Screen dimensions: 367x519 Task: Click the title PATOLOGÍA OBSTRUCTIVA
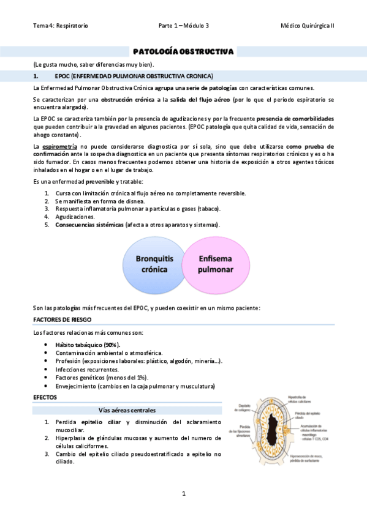183,52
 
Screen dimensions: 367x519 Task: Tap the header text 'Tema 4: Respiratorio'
60,26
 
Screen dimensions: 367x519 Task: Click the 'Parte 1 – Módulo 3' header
183,26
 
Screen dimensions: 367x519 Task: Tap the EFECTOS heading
45,397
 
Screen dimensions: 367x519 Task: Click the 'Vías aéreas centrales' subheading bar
127,409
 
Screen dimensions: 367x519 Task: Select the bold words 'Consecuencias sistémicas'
88,225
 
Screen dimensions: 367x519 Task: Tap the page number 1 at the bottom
183,493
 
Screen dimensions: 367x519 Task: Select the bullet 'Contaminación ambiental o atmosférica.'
108,353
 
